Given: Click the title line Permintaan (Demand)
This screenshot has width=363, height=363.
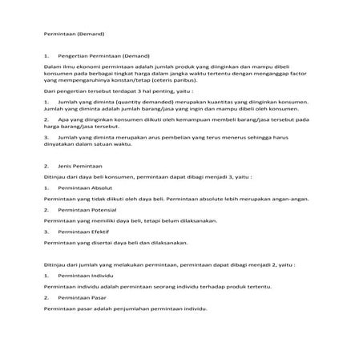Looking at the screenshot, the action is click(75, 34).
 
